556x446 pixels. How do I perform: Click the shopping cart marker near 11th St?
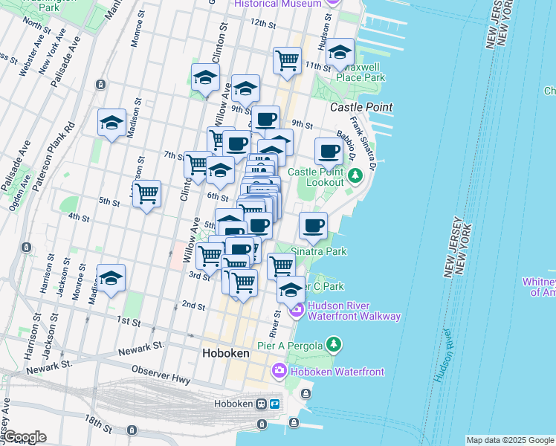click(x=287, y=60)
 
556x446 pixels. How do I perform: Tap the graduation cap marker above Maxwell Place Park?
click(x=340, y=52)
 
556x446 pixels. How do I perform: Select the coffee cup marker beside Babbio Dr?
click(x=329, y=152)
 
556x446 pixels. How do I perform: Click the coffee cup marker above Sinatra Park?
click(x=313, y=225)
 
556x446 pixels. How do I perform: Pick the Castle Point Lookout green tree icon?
click(x=355, y=175)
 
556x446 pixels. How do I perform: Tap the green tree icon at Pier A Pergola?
click(x=334, y=344)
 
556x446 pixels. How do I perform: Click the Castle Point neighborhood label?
click(x=361, y=107)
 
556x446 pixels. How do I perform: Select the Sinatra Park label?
click(x=319, y=251)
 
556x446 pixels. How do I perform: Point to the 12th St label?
click(x=263, y=23)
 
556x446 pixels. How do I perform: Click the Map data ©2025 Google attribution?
click(x=509, y=440)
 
